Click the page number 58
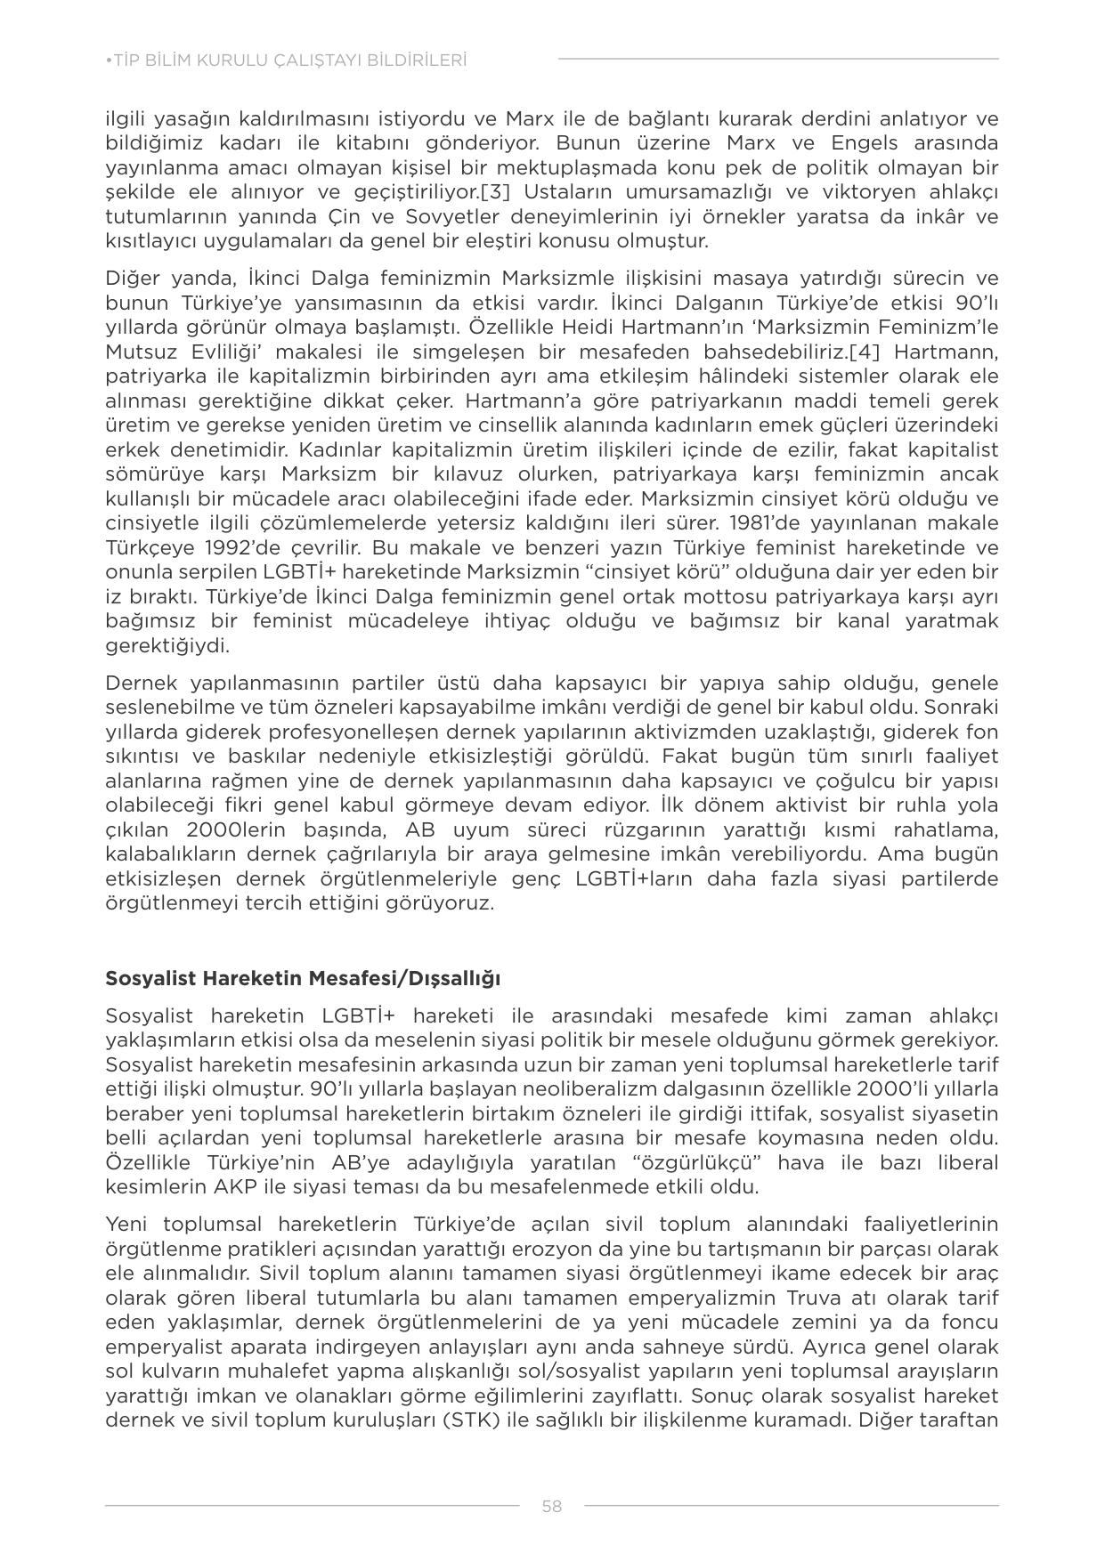(x=551, y=1506)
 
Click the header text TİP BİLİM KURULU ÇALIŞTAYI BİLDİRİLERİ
(x=287, y=61)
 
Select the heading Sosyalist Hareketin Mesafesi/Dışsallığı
(x=303, y=978)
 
